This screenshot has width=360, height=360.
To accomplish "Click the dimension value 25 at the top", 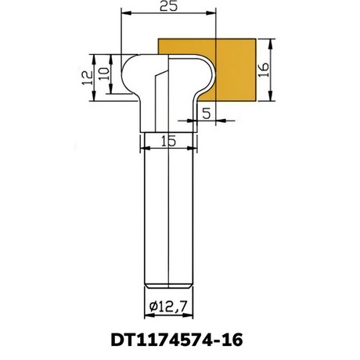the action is [168, 6].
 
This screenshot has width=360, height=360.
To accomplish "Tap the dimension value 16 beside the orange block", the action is [264, 70].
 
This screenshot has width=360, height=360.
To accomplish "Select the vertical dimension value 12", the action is [88, 77].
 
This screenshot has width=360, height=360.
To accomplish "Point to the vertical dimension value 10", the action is [104, 74].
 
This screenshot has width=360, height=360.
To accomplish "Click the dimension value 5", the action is [207, 113].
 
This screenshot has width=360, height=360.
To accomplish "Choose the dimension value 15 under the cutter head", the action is [168, 141].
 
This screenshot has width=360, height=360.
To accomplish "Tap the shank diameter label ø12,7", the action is [168, 306].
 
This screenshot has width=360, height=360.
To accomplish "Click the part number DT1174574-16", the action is [177, 340].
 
